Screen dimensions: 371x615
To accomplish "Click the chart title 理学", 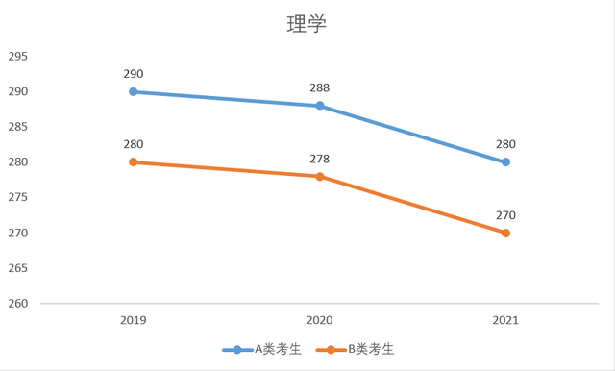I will pos(307,24).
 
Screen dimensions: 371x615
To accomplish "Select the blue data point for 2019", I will pos(134,91).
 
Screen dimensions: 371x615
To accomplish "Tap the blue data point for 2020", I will pos(320,106).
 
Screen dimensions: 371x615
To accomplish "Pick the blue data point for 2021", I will pos(505,162).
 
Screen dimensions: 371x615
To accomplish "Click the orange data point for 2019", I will pos(134,162).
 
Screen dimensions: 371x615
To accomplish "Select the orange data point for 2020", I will pos(320,176).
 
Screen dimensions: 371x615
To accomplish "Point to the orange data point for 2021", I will pos(505,233).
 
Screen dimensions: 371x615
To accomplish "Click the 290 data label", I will pos(134,74).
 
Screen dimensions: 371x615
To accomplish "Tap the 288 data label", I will pos(320,88).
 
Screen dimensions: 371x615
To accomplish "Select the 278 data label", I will pos(320,159).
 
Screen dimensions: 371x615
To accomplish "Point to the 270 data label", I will pos(505,215).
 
